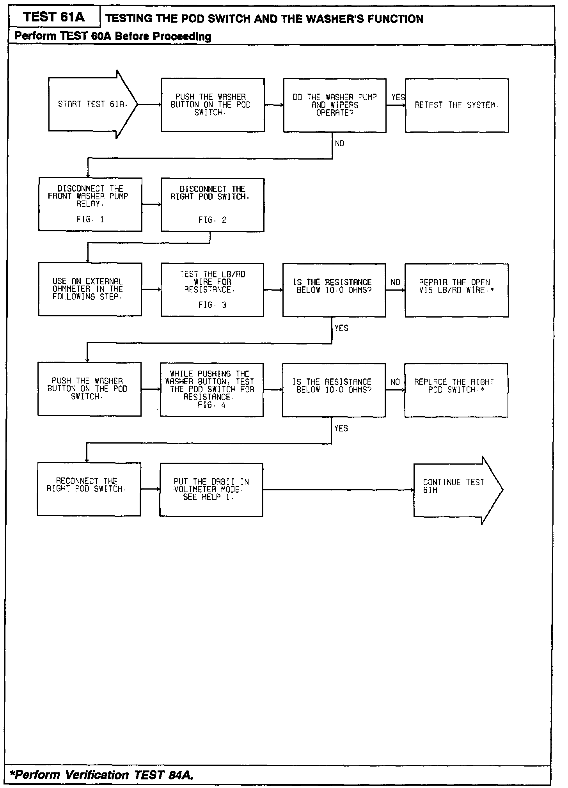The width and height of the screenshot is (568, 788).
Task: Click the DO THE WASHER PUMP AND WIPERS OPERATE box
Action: point(335,105)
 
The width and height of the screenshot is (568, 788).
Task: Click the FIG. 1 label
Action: point(90,220)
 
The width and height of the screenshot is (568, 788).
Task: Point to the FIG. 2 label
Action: point(212,220)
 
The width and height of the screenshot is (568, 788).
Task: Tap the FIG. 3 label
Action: point(212,305)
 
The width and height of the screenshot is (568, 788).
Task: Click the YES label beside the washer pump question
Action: point(398,98)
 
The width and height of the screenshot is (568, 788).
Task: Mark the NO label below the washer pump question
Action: point(339,144)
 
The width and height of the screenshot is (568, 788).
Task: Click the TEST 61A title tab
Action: point(54,17)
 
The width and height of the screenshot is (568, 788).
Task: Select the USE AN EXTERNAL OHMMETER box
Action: point(90,289)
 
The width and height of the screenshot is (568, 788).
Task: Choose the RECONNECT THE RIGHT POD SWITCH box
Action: point(89,489)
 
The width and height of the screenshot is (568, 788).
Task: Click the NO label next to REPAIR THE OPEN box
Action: point(395,282)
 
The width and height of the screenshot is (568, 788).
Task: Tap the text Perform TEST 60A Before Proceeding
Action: point(113,37)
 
